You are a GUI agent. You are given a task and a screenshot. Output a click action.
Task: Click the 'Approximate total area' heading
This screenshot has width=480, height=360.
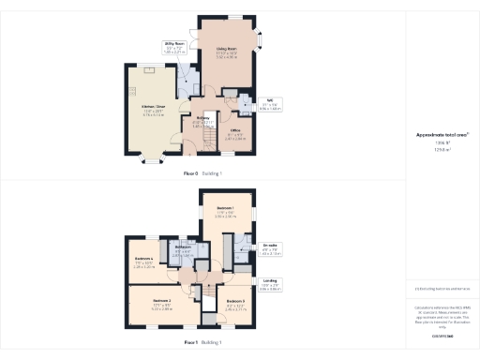tap(442, 135)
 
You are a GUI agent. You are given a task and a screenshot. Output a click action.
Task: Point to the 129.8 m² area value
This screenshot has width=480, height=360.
tap(441, 149)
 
